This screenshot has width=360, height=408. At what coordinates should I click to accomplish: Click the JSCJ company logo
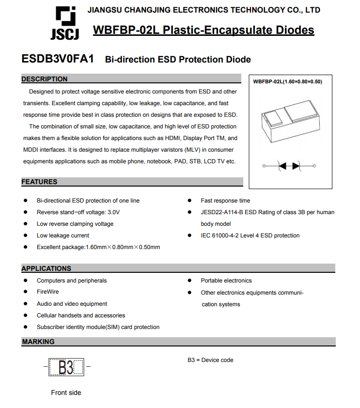click(64, 23)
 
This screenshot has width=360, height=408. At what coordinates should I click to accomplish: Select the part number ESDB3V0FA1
click(58, 59)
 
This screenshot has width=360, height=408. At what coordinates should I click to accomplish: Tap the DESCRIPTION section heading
click(45, 79)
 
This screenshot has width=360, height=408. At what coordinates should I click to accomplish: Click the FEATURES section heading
click(39, 182)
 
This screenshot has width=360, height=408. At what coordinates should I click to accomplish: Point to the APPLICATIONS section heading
click(46, 268)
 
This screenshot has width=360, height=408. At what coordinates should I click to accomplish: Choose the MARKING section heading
click(38, 342)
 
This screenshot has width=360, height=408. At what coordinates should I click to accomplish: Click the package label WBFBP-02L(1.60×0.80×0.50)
click(287, 81)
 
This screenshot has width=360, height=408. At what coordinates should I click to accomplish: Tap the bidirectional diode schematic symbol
click(289, 166)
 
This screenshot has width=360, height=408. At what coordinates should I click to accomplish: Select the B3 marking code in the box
click(66, 368)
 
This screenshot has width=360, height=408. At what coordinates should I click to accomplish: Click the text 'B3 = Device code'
click(210, 360)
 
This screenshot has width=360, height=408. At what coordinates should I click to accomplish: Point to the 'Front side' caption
click(66, 392)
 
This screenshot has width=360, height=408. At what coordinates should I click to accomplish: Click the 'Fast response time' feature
click(225, 201)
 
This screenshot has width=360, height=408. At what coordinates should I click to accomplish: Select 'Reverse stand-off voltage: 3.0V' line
click(78, 212)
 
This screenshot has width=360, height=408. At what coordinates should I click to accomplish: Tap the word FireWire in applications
click(47, 292)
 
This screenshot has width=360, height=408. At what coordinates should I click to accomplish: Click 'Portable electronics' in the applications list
click(226, 281)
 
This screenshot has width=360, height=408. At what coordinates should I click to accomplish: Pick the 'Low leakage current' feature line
click(63, 235)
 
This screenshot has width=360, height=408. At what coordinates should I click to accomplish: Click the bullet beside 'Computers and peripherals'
click(25, 281)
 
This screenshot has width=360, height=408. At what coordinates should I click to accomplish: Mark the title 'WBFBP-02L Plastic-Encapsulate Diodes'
click(203, 31)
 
